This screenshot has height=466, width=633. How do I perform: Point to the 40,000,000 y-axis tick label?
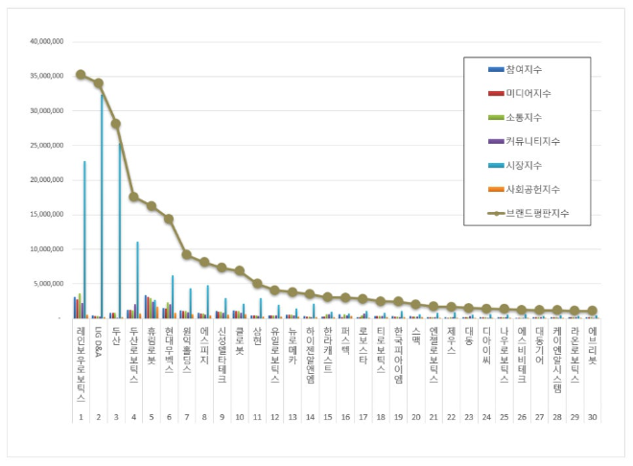pyautogui.click(x=47, y=42)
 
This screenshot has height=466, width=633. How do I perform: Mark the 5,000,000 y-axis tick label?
pyautogui.click(x=49, y=284)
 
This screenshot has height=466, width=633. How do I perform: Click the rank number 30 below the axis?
pyautogui.click(x=592, y=417)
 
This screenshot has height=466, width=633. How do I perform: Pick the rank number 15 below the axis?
pyautogui.click(x=327, y=417)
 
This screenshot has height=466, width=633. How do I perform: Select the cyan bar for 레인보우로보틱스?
pyautogui.click(x=84, y=240)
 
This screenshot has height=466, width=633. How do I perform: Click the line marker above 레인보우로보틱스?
pyautogui.click(x=81, y=74)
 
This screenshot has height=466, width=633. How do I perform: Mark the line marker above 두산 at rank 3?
pyautogui.click(x=116, y=124)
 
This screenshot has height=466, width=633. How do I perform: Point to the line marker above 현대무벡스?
pyautogui.click(x=169, y=219)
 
